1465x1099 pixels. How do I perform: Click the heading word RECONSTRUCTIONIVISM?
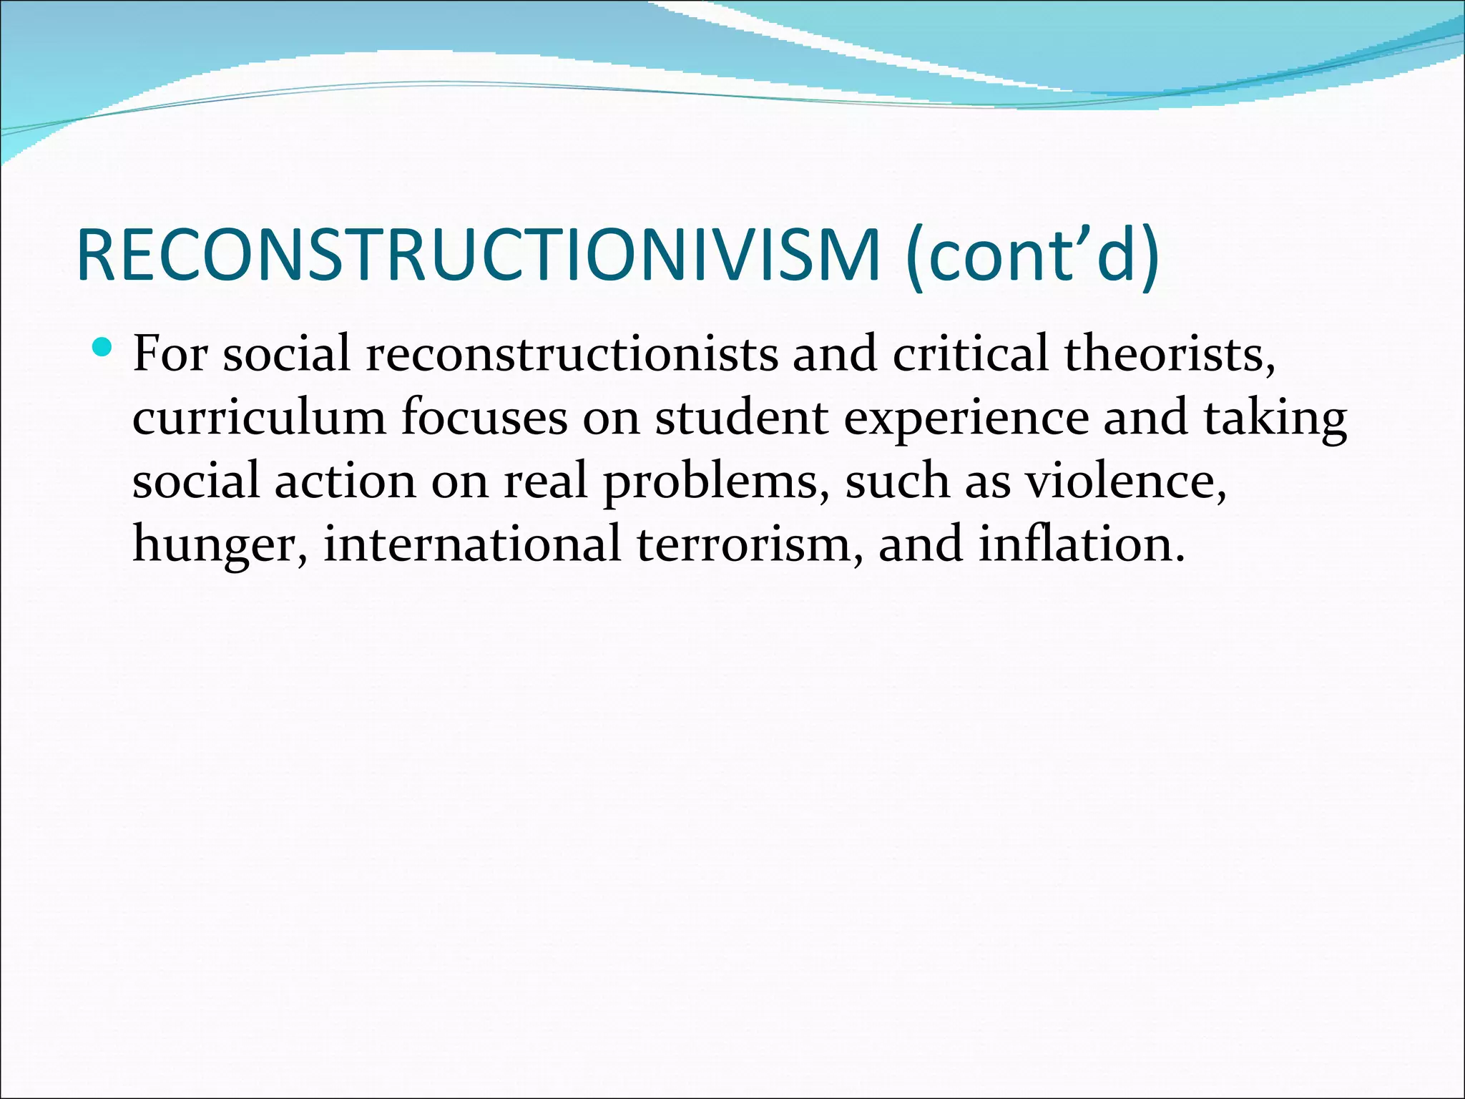478,255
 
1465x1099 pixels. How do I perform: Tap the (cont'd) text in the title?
1032,255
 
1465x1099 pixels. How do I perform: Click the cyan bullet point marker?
102,348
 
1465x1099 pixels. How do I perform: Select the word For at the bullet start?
170,353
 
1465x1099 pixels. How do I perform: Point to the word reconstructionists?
572,353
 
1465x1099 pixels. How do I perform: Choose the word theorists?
1169,353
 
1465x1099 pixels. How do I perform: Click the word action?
346,481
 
